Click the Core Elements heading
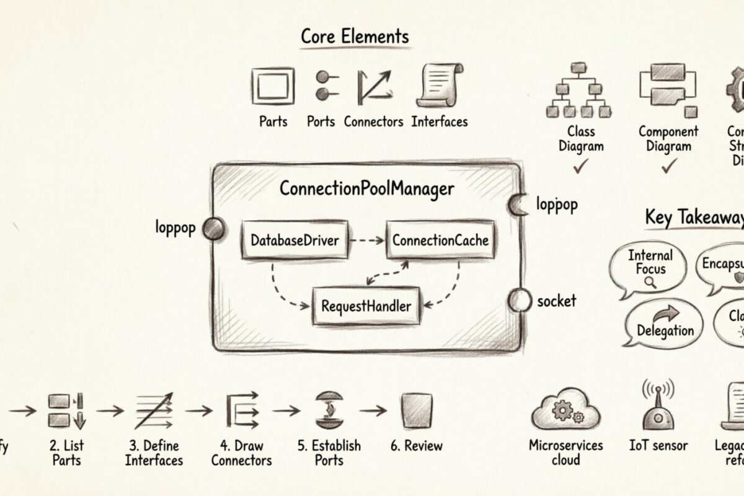tap(355, 36)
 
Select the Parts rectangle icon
tap(273, 86)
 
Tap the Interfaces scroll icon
tap(441, 86)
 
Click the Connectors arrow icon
tap(374, 87)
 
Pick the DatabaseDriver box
tap(295, 239)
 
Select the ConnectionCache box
tap(440, 239)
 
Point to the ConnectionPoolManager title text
tap(367, 188)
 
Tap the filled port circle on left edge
tap(213, 229)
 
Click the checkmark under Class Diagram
tap(580, 167)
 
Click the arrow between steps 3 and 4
tap(198, 410)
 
